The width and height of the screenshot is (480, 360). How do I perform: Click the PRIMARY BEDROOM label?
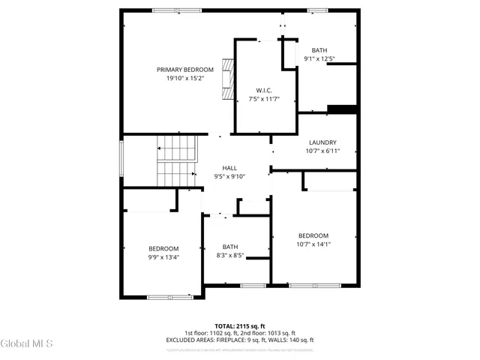point(179,70)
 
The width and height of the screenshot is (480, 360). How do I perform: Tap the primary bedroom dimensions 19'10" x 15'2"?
point(179,78)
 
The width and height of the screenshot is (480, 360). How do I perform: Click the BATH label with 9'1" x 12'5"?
point(319,50)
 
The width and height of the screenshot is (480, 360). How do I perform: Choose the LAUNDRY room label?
point(322,142)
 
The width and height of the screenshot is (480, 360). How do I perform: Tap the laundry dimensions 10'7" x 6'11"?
point(322,151)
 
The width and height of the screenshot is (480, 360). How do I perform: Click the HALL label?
point(229,168)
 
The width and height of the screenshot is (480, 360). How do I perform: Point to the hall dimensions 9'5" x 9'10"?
point(229,176)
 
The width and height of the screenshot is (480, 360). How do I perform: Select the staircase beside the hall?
point(175,160)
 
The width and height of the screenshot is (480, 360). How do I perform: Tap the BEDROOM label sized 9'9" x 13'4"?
point(163,249)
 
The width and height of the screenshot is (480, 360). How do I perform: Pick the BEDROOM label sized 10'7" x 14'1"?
point(313,235)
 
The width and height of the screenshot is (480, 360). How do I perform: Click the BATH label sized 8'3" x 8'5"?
point(229,247)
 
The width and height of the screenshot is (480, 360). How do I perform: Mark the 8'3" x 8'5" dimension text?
point(229,255)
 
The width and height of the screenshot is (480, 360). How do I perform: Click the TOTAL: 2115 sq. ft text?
point(239,326)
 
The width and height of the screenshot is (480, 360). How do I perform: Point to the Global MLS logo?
point(27,344)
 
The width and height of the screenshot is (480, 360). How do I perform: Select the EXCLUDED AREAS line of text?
point(239,340)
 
